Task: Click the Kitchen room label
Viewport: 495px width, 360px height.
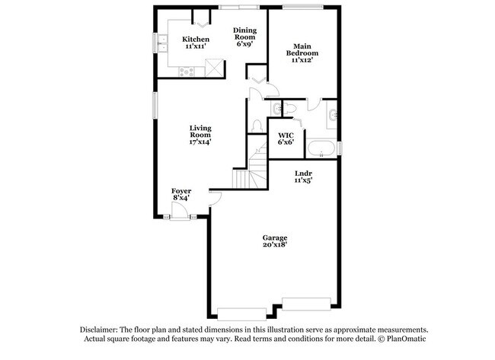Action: [x=196, y=40]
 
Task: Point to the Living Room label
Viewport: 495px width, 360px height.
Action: [x=200, y=131]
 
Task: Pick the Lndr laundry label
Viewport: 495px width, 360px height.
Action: [x=304, y=174]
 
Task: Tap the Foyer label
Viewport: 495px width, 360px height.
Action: [x=180, y=190]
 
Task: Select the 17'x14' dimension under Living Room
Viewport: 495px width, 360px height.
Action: [x=200, y=142]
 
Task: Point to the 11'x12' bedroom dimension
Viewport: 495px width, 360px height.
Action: [x=302, y=60]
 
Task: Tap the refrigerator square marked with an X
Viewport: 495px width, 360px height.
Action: [x=215, y=68]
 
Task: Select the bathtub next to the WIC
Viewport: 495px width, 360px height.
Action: [x=321, y=147]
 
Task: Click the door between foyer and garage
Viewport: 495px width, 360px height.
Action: [x=216, y=198]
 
